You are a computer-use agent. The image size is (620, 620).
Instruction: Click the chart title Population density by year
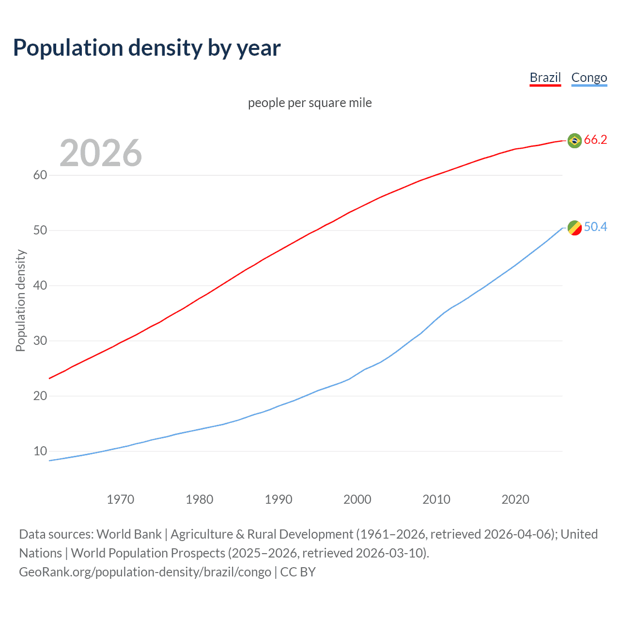pyautogui.click(x=147, y=48)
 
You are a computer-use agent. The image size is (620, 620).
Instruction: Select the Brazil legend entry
pyautogui.click(x=545, y=77)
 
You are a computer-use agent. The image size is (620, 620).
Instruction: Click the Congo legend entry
pyautogui.click(x=589, y=77)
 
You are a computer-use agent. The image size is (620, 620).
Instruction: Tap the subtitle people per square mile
pyautogui.click(x=310, y=103)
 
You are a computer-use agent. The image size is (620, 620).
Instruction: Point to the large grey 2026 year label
pyautogui.click(x=101, y=153)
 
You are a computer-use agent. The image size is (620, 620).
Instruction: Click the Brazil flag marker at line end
pyautogui.click(x=574, y=140)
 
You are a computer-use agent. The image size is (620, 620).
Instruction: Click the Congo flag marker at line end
pyautogui.click(x=574, y=228)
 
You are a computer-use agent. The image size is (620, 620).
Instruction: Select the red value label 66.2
pyautogui.click(x=595, y=140)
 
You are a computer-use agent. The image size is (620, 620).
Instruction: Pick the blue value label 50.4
pyautogui.click(x=595, y=227)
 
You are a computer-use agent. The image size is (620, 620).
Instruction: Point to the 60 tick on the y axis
pyautogui.click(x=40, y=175)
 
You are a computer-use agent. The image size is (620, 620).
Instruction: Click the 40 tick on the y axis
pyautogui.click(x=40, y=285)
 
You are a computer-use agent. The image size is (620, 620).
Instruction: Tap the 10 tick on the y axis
pyautogui.click(x=40, y=451)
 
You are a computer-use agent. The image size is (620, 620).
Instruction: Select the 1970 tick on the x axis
pyautogui.click(x=120, y=499)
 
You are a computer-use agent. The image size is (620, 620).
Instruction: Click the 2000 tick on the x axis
pyautogui.click(x=357, y=499)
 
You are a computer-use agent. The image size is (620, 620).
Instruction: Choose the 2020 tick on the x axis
pyautogui.click(x=515, y=499)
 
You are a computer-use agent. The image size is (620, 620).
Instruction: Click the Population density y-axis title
pyautogui.click(x=20, y=300)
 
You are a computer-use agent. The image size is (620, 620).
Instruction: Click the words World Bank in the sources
pyautogui.click(x=129, y=534)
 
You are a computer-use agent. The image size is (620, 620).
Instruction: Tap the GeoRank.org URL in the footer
pyautogui.click(x=145, y=572)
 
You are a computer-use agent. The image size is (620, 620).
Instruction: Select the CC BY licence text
pyautogui.click(x=298, y=572)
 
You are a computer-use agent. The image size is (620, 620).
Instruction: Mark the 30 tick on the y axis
pyautogui.click(x=40, y=341)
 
